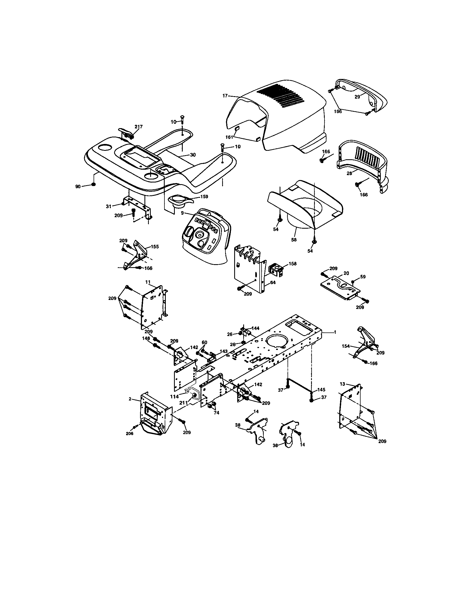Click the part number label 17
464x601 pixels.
(225, 96)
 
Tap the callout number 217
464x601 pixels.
(138, 126)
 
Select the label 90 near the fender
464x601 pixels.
(78, 187)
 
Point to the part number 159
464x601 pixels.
(204, 196)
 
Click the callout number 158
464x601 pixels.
(293, 264)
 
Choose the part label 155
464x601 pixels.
(155, 247)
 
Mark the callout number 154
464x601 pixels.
(346, 346)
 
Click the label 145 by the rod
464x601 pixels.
(321, 390)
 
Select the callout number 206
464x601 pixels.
(129, 434)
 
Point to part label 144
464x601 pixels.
(256, 328)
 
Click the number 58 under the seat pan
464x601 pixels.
(294, 240)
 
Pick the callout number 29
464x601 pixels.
(357, 97)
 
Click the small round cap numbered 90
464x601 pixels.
(93, 184)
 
